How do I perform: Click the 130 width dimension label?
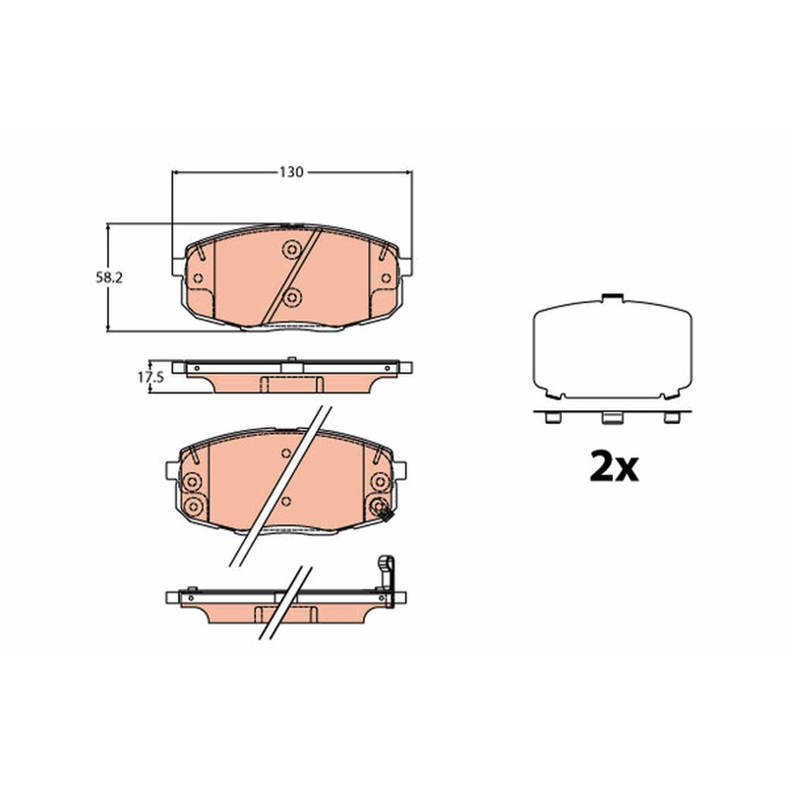tap(291, 172)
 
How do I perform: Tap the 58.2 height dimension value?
tap(109, 277)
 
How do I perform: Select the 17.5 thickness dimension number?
tap(151, 377)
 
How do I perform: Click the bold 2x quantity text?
tap(614, 466)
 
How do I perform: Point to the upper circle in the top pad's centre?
tap(291, 250)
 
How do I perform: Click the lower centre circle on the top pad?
tap(292, 298)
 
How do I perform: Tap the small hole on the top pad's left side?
tap(198, 278)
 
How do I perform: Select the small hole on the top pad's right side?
tap(386, 278)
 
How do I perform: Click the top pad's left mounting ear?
tap(178, 267)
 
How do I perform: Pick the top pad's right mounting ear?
tap(405, 267)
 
